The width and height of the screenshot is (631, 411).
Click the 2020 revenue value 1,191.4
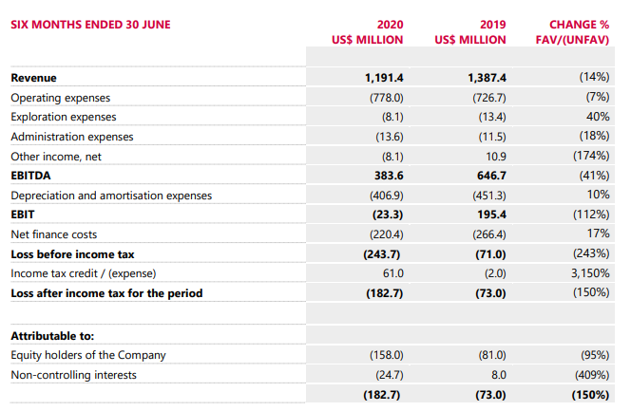point(384,78)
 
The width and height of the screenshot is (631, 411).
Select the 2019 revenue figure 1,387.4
point(487,78)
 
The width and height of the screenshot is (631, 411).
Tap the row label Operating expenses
point(61,98)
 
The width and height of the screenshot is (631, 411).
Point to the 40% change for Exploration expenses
point(598,117)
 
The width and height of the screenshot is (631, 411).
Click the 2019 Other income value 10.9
point(496,157)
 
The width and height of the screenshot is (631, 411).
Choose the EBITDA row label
point(30,176)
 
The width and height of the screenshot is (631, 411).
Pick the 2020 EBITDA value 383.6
point(389,176)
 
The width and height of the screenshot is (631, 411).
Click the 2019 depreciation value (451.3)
point(489,196)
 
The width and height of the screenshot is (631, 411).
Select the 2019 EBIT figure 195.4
point(491,215)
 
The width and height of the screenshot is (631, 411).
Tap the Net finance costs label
point(54,234)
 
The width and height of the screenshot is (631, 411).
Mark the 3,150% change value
point(590,273)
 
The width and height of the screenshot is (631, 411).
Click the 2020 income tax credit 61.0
point(393,273)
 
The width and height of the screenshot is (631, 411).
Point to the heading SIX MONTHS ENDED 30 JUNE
point(90,25)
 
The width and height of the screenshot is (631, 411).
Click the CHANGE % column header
point(579,25)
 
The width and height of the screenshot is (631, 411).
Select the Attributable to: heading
point(52,336)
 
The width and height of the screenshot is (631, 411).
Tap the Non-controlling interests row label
point(73,375)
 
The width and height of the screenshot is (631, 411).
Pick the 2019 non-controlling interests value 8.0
point(499,375)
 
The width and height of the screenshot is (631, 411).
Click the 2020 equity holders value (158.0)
point(387,355)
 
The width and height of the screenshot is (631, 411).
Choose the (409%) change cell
point(592,375)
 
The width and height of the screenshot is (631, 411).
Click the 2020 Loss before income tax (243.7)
point(382,254)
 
